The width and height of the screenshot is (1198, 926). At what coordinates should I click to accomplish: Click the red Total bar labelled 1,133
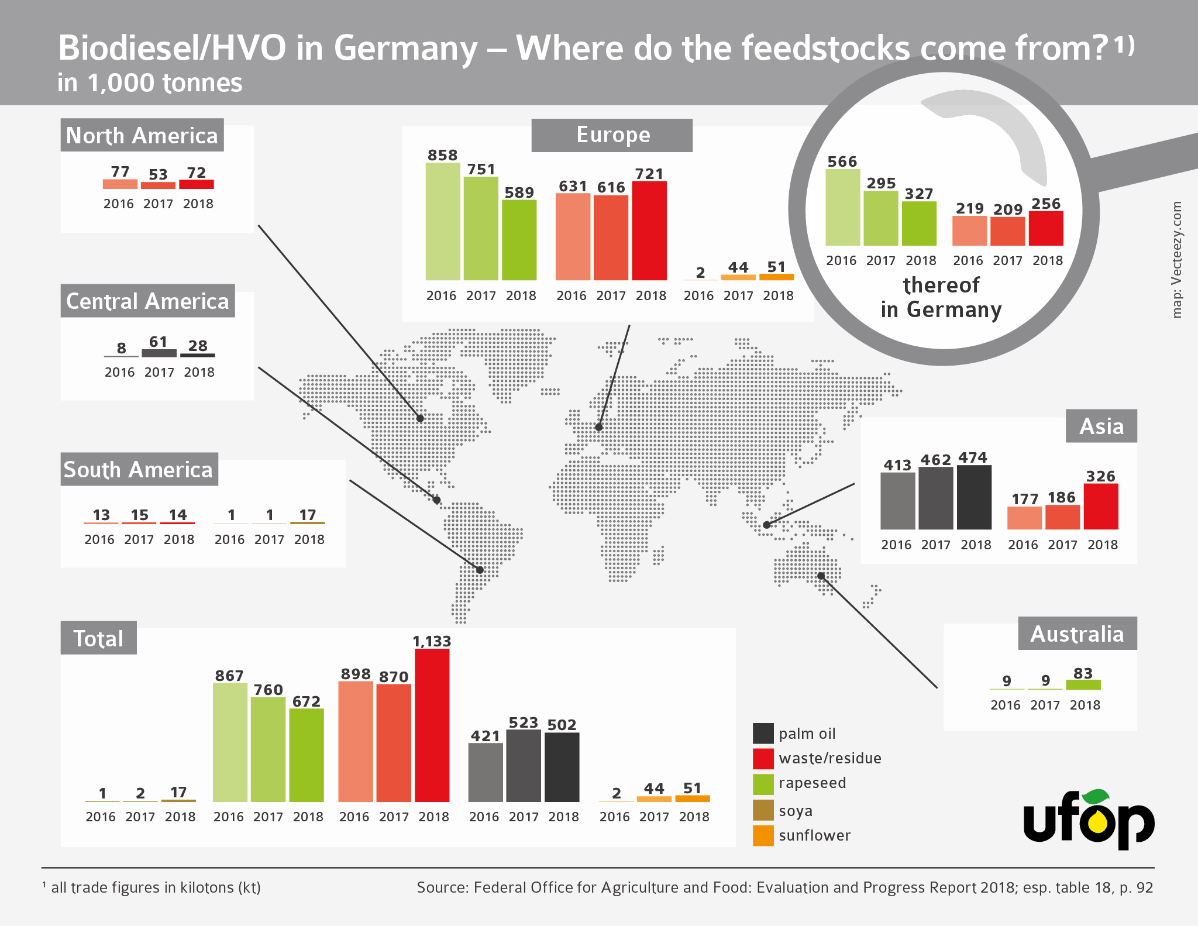[432, 725]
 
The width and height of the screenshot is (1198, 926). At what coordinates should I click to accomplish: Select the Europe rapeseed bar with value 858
[443, 222]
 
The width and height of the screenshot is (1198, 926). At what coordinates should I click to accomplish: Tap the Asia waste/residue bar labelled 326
[1101, 507]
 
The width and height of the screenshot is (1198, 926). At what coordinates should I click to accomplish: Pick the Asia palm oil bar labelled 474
[974, 497]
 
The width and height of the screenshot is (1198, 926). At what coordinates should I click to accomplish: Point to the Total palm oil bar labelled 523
[524, 766]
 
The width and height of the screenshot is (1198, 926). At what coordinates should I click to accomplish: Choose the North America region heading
[142, 135]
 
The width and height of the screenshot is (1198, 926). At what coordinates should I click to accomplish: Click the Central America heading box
[147, 301]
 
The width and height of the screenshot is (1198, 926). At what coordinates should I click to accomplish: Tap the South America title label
[139, 469]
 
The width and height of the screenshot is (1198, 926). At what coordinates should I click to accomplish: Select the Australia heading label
[1077, 634]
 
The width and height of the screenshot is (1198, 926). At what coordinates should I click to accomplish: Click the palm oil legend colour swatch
[763, 734]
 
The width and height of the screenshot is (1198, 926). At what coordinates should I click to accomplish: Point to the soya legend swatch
[763, 810]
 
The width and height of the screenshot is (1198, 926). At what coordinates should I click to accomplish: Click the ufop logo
[1089, 819]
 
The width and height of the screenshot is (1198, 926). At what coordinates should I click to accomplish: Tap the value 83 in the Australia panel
[1083, 673]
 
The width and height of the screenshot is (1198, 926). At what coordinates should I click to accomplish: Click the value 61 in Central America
[159, 342]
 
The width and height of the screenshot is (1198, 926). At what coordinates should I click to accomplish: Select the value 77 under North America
[120, 171]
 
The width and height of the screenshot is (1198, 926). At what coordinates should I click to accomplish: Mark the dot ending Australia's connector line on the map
[821, 576]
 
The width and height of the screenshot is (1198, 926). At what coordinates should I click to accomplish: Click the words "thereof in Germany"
[941, 297]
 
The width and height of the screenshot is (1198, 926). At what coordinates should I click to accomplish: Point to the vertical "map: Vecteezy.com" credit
[1177, 260]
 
